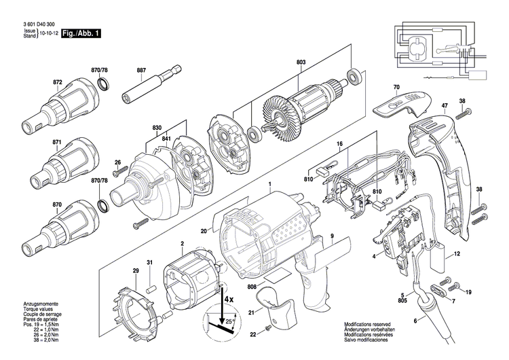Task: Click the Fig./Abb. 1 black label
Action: [80, 33]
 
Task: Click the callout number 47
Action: [445, 106]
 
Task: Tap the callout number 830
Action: [157, 128]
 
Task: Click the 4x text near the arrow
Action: [229, 298]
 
